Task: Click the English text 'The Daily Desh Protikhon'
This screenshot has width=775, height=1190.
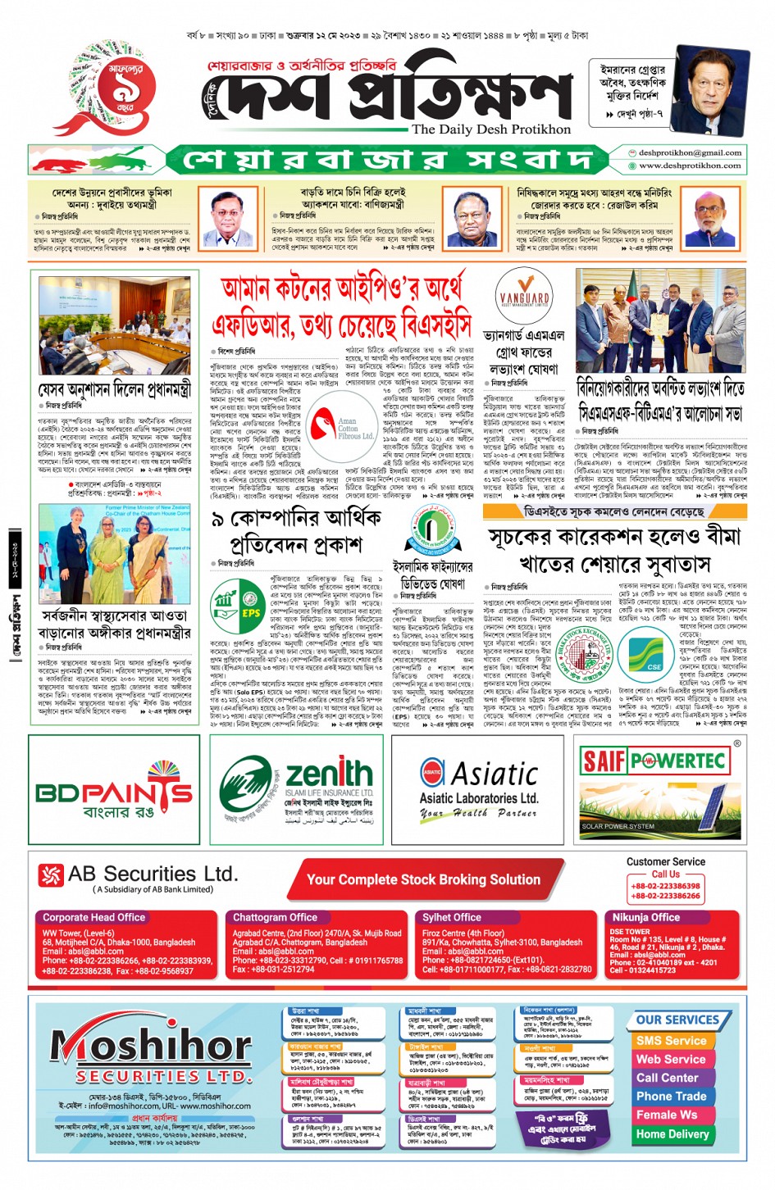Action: pyautogui.click(x=490, y=129)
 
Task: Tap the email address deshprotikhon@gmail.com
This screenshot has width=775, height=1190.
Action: pyautogui.click(x=690, y=152)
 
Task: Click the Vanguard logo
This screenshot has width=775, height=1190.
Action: pyautogui.click(x=524, y=301)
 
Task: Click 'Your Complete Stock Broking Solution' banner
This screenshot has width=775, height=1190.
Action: pyautogui.click(x=423, y=879)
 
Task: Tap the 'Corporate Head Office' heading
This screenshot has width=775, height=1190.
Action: pyautogui.click(x=93, y=917)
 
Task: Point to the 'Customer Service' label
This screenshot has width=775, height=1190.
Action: pyautogui.click(x=665, y=861)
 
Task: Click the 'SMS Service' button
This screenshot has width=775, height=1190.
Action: pyautogui.click(x=671, y=1040)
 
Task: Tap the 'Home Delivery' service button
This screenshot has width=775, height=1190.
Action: pyautogui.click(x=672, y=1134)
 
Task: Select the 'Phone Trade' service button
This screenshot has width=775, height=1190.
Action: pyautogui.click(x=671, y=1096)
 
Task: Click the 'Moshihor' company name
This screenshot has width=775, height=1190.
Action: pyautogui.click(x=152, y=1045)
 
